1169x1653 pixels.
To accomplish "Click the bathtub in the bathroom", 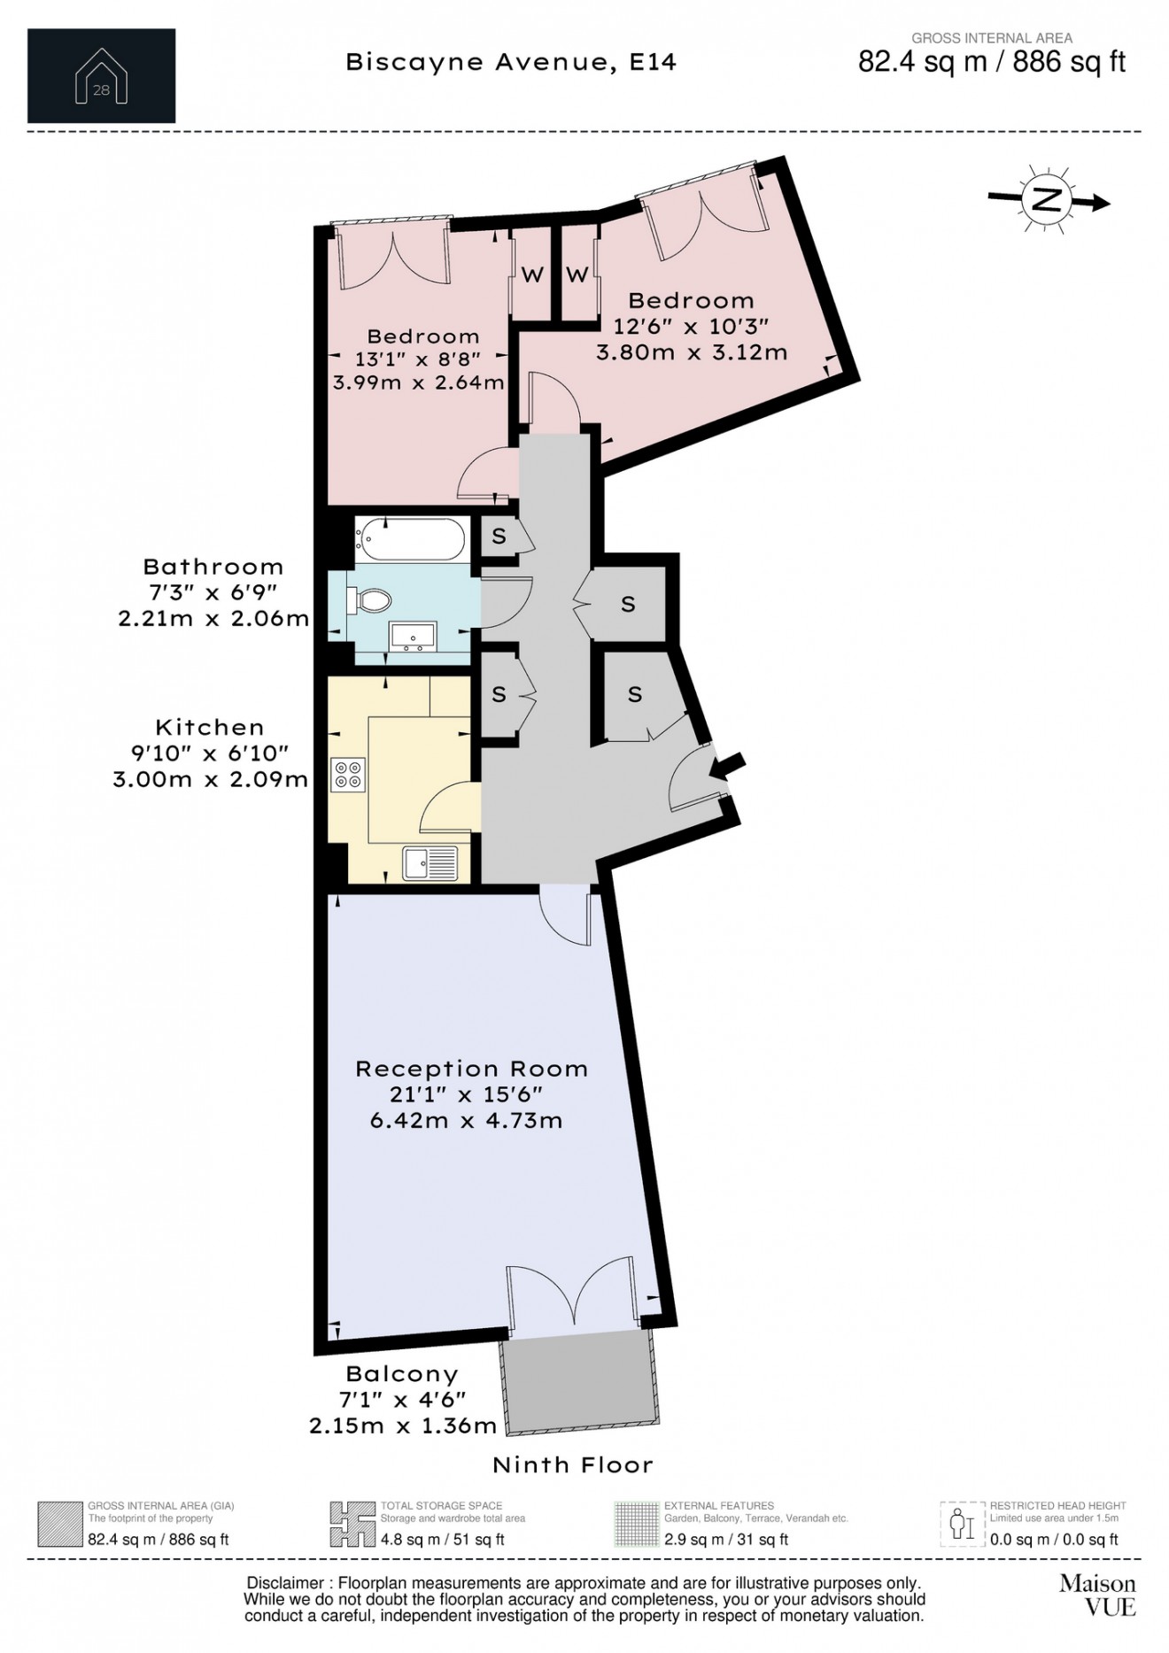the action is point(410,538).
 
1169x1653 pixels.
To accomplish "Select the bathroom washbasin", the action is point(413,636).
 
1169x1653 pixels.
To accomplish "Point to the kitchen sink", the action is point(430,863).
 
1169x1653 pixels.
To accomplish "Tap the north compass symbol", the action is point(1048,200).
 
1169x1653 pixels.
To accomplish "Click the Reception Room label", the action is point(471,1069).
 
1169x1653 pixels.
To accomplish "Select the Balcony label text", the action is point(402,1374).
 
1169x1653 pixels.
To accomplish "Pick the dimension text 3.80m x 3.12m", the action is point(692,352).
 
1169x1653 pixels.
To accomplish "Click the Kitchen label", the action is point(210,728).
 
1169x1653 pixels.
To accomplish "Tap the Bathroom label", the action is point(213,567).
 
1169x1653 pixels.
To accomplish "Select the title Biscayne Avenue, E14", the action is point(511,62).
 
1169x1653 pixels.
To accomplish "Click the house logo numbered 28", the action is point(101,76).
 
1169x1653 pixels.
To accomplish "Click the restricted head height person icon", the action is point(962,1525).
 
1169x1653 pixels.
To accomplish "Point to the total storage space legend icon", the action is point(352,1525).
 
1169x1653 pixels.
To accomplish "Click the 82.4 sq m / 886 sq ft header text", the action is point(992,62).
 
